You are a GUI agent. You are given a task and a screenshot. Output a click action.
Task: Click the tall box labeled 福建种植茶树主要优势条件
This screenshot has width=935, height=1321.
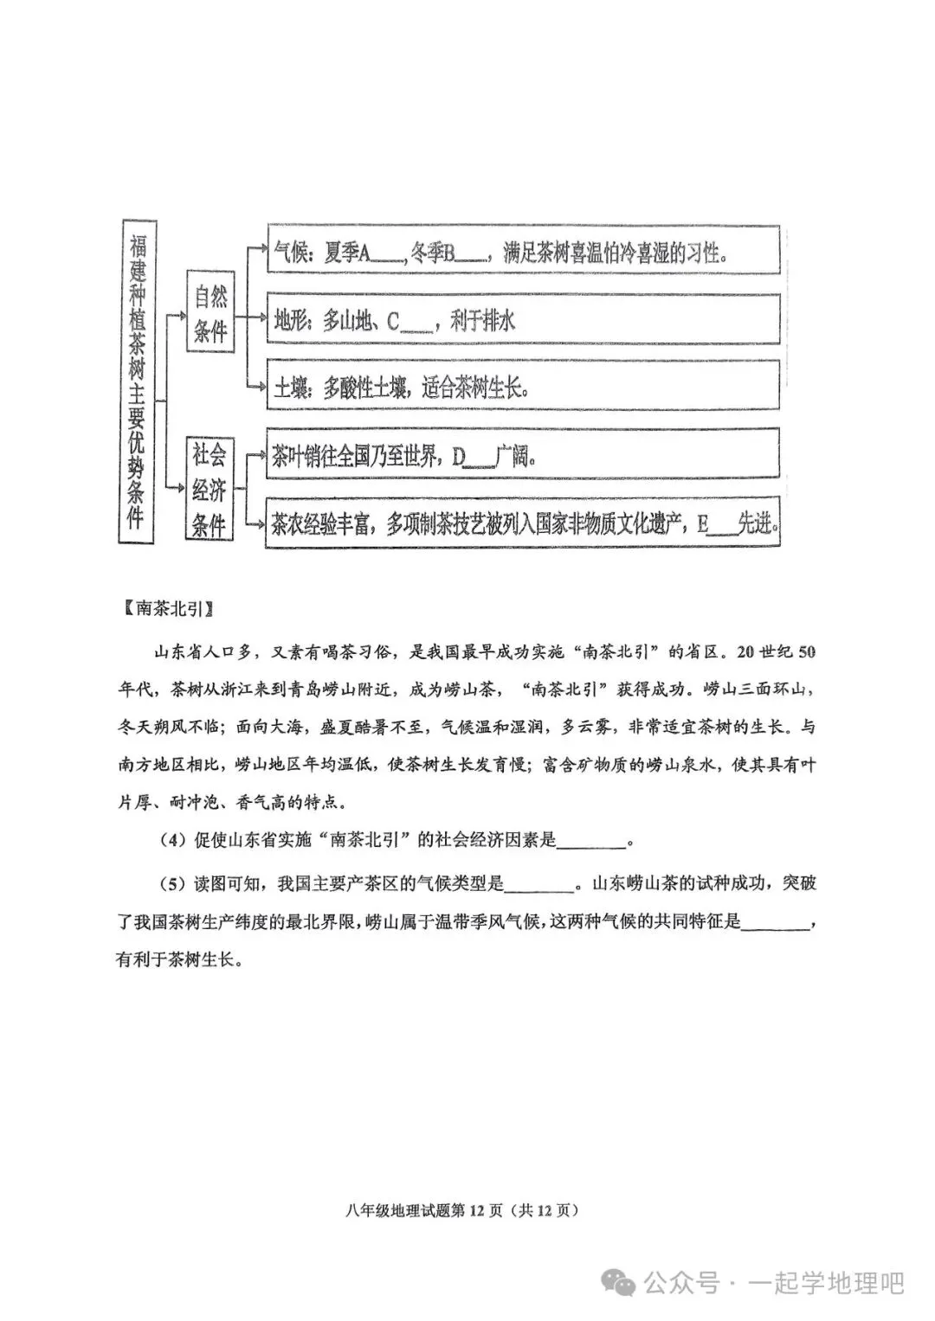136,380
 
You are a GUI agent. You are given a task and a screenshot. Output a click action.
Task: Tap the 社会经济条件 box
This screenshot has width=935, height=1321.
210,490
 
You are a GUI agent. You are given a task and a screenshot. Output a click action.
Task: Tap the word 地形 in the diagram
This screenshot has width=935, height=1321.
288,322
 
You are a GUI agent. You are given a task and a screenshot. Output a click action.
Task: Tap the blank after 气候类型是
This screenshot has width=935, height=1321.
538,886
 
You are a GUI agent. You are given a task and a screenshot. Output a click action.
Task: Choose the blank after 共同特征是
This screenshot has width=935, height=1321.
777,924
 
